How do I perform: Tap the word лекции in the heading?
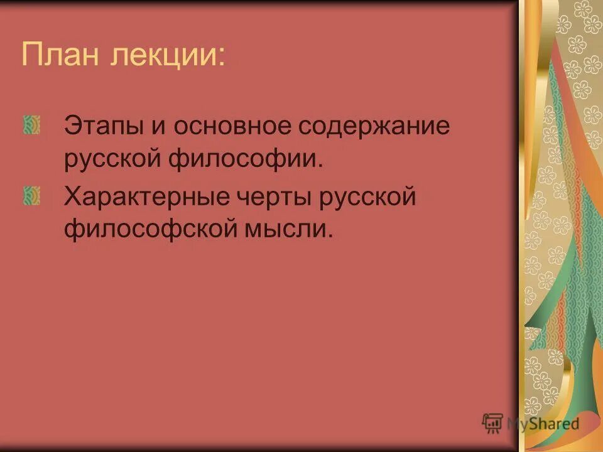pos(165,56)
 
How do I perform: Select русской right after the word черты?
pos(369,198)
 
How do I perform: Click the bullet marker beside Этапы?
pos(32,126)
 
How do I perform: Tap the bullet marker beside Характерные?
pos(32,197)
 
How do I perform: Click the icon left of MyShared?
pos(492,422)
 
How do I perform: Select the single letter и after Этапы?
pos(157,126)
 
